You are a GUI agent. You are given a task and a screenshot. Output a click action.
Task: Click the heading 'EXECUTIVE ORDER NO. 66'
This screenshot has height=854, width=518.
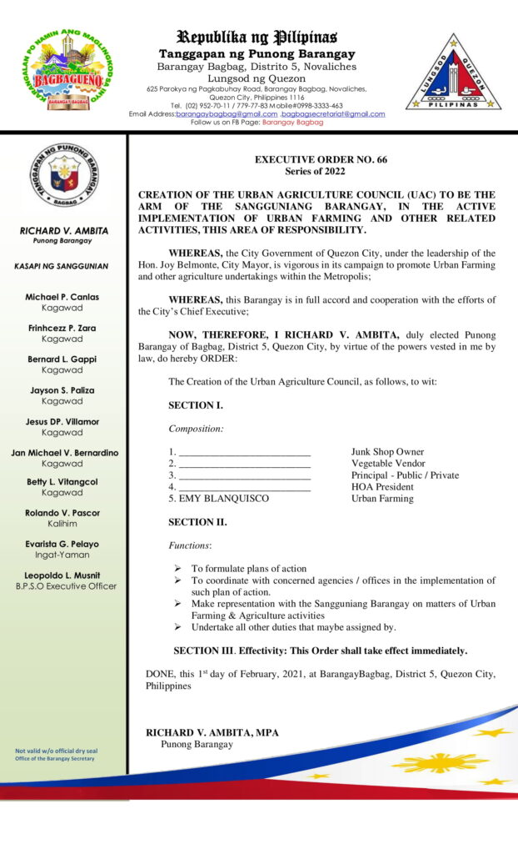point(321,159)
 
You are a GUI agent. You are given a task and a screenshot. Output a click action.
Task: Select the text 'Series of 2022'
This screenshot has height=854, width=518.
point(321,171)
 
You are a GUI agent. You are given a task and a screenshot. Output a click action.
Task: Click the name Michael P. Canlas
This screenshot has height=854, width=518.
point(62,297)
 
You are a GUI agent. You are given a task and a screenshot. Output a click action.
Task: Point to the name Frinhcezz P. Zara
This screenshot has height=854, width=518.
point(62,328)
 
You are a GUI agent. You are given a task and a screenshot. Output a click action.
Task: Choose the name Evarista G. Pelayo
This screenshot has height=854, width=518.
point(62,543)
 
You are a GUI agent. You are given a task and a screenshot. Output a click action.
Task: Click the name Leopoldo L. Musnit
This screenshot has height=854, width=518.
point(62,575)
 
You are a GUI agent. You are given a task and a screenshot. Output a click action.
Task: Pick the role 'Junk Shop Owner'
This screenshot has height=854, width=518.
point(387,452)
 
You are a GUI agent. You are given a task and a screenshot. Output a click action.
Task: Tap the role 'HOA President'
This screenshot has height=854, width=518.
point(382,487)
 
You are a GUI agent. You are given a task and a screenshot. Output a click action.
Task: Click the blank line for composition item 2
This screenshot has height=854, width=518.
point(245,464)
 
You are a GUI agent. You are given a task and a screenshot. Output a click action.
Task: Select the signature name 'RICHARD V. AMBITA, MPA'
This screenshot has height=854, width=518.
point(212,732)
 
